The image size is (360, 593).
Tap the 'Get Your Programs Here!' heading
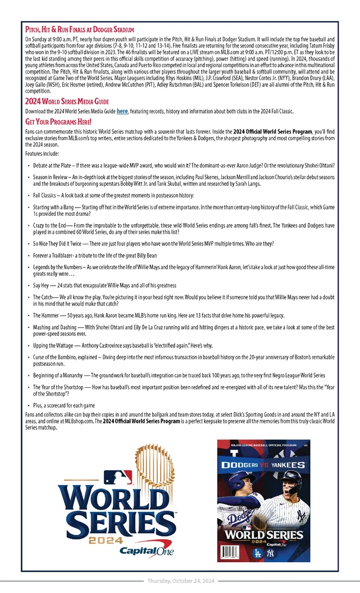[x=58, y=122]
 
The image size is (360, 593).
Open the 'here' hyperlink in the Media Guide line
[x=122, y=111]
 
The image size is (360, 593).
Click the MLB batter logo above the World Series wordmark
[x=118, y=477]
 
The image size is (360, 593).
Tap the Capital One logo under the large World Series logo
[x=146, y=551]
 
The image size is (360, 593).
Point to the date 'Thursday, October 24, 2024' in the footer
[x=180, y=581]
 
